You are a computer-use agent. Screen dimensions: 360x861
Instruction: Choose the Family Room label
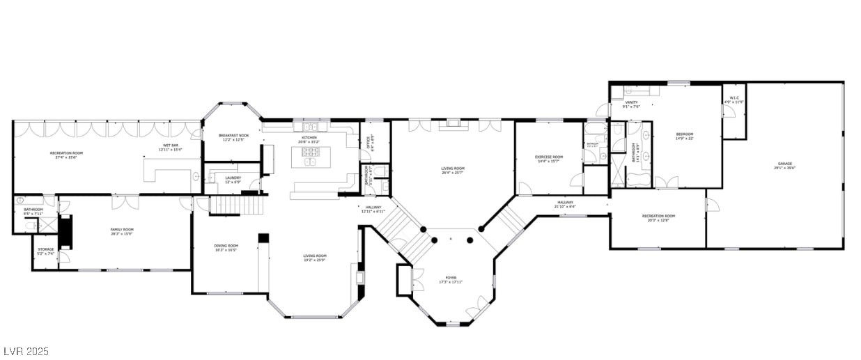(x=122, y=231)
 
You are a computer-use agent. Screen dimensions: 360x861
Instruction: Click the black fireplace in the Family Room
(x=65, y=233)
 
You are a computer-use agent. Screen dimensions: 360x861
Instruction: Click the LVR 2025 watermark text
(x=26, y=352)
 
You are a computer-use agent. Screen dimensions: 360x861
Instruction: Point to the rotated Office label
(x=370, y=141)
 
